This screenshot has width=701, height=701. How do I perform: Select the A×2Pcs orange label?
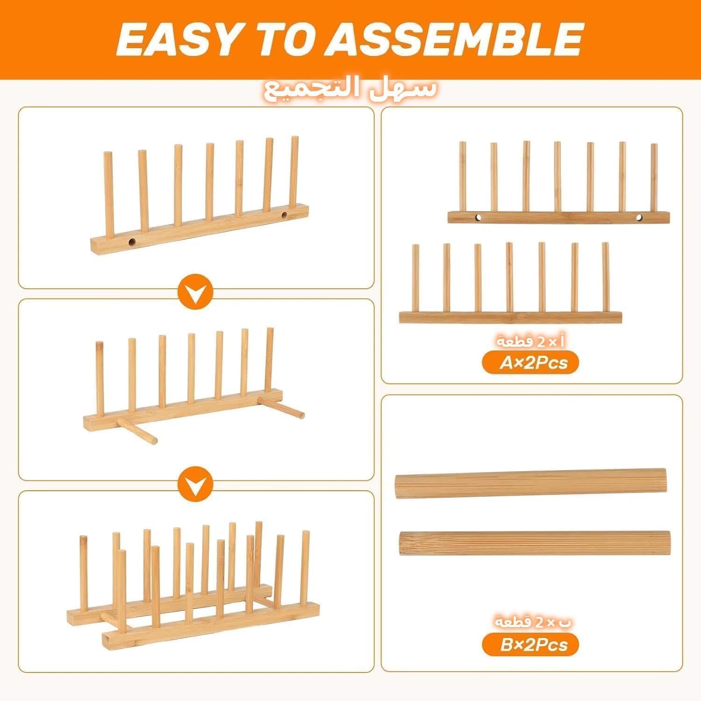point(530,363)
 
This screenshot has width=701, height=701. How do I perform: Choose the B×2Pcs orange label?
point(530,645)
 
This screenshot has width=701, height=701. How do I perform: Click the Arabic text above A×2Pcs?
point(531,342)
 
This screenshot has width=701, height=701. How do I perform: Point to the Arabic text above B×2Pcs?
point(533,622)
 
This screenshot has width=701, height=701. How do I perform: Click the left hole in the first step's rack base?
point(132,242)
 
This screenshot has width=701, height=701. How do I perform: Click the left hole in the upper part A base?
point(478,217)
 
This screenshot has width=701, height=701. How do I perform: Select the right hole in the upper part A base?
point(640,217)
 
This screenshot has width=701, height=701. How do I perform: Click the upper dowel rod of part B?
point(531,483)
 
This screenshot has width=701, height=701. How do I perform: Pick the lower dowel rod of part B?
point(535,543)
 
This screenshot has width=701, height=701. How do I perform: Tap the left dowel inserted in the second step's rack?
point(137,430)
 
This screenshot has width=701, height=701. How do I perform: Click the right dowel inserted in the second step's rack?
point(280,406)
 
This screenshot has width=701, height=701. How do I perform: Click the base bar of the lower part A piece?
point(510,317)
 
